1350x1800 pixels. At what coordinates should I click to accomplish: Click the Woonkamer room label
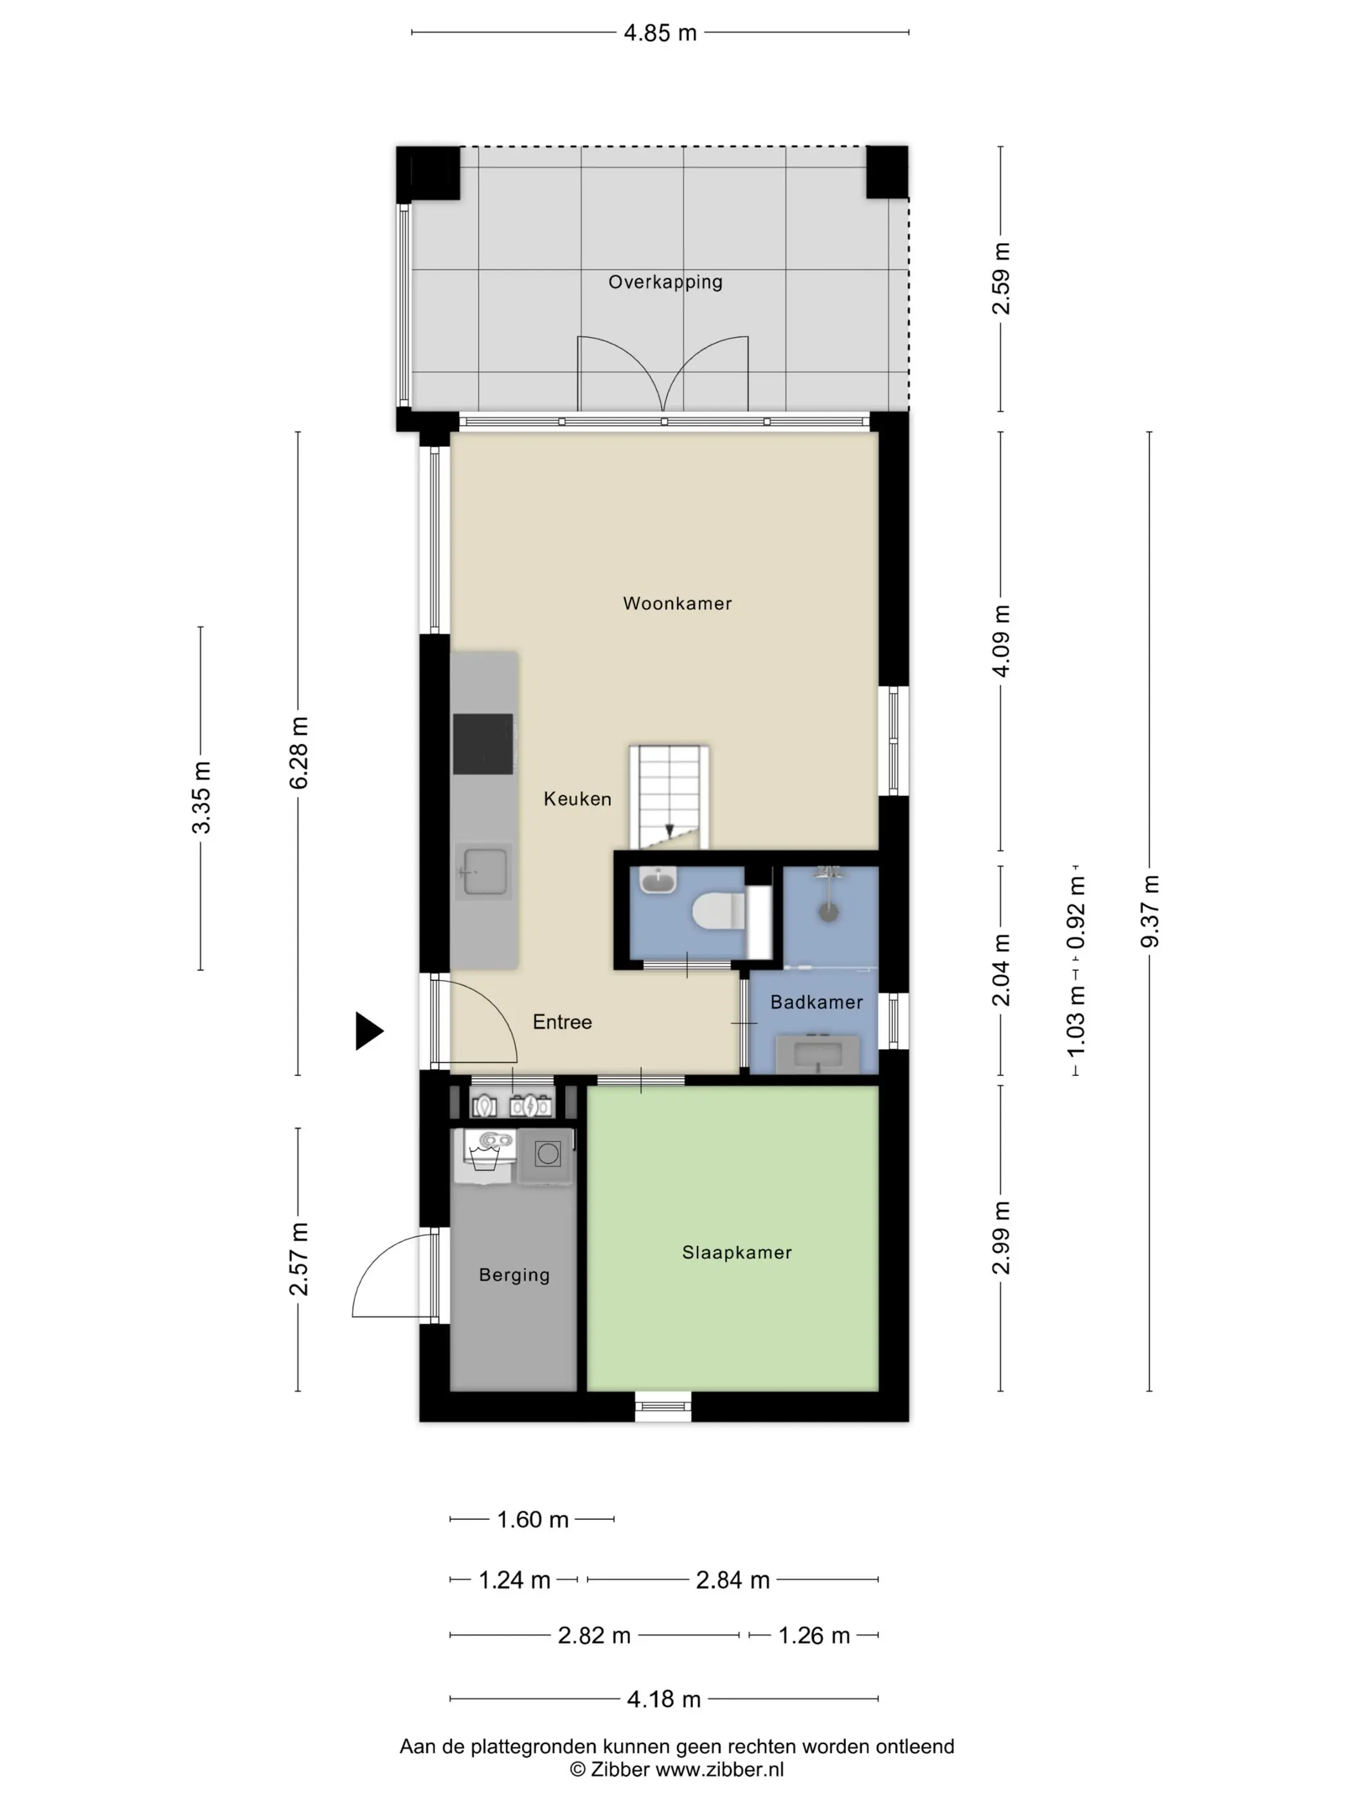pyautogui.click(x=677, y=604)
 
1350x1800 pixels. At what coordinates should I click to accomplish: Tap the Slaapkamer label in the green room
pyautogui.click(x=737, y=1252)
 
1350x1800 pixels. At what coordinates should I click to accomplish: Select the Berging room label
pyautogui.click(x=514, y=1275)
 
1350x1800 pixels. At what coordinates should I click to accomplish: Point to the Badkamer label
pyautogui.click(x=816, y=1002)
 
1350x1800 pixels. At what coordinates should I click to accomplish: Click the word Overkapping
pyautogui.click(x=665, y=282)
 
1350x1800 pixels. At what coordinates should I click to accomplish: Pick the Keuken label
pyautogui.click(x=577, y=799)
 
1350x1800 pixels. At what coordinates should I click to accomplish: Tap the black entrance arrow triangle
pyautogui.click(x=368, y=1031)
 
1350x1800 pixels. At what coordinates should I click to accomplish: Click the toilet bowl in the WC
pyautogui.click(x=717, y=912)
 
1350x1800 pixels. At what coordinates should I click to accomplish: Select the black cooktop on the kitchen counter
pyautogui.click(x=483, y=744)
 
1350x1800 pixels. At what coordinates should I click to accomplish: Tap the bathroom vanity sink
pyautogui.click(x=817, y=1055)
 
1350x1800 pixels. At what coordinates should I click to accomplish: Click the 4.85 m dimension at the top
pyautogui.click(x=660, y=33)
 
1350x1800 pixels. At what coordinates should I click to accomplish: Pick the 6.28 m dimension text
pyautogui.click(x=299, y=753)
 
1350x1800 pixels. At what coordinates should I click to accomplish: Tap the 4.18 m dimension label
pyautogui.click(x=663, y=1699)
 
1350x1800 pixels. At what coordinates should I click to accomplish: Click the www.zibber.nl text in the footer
pyautogui.click(x=719, y=1769)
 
